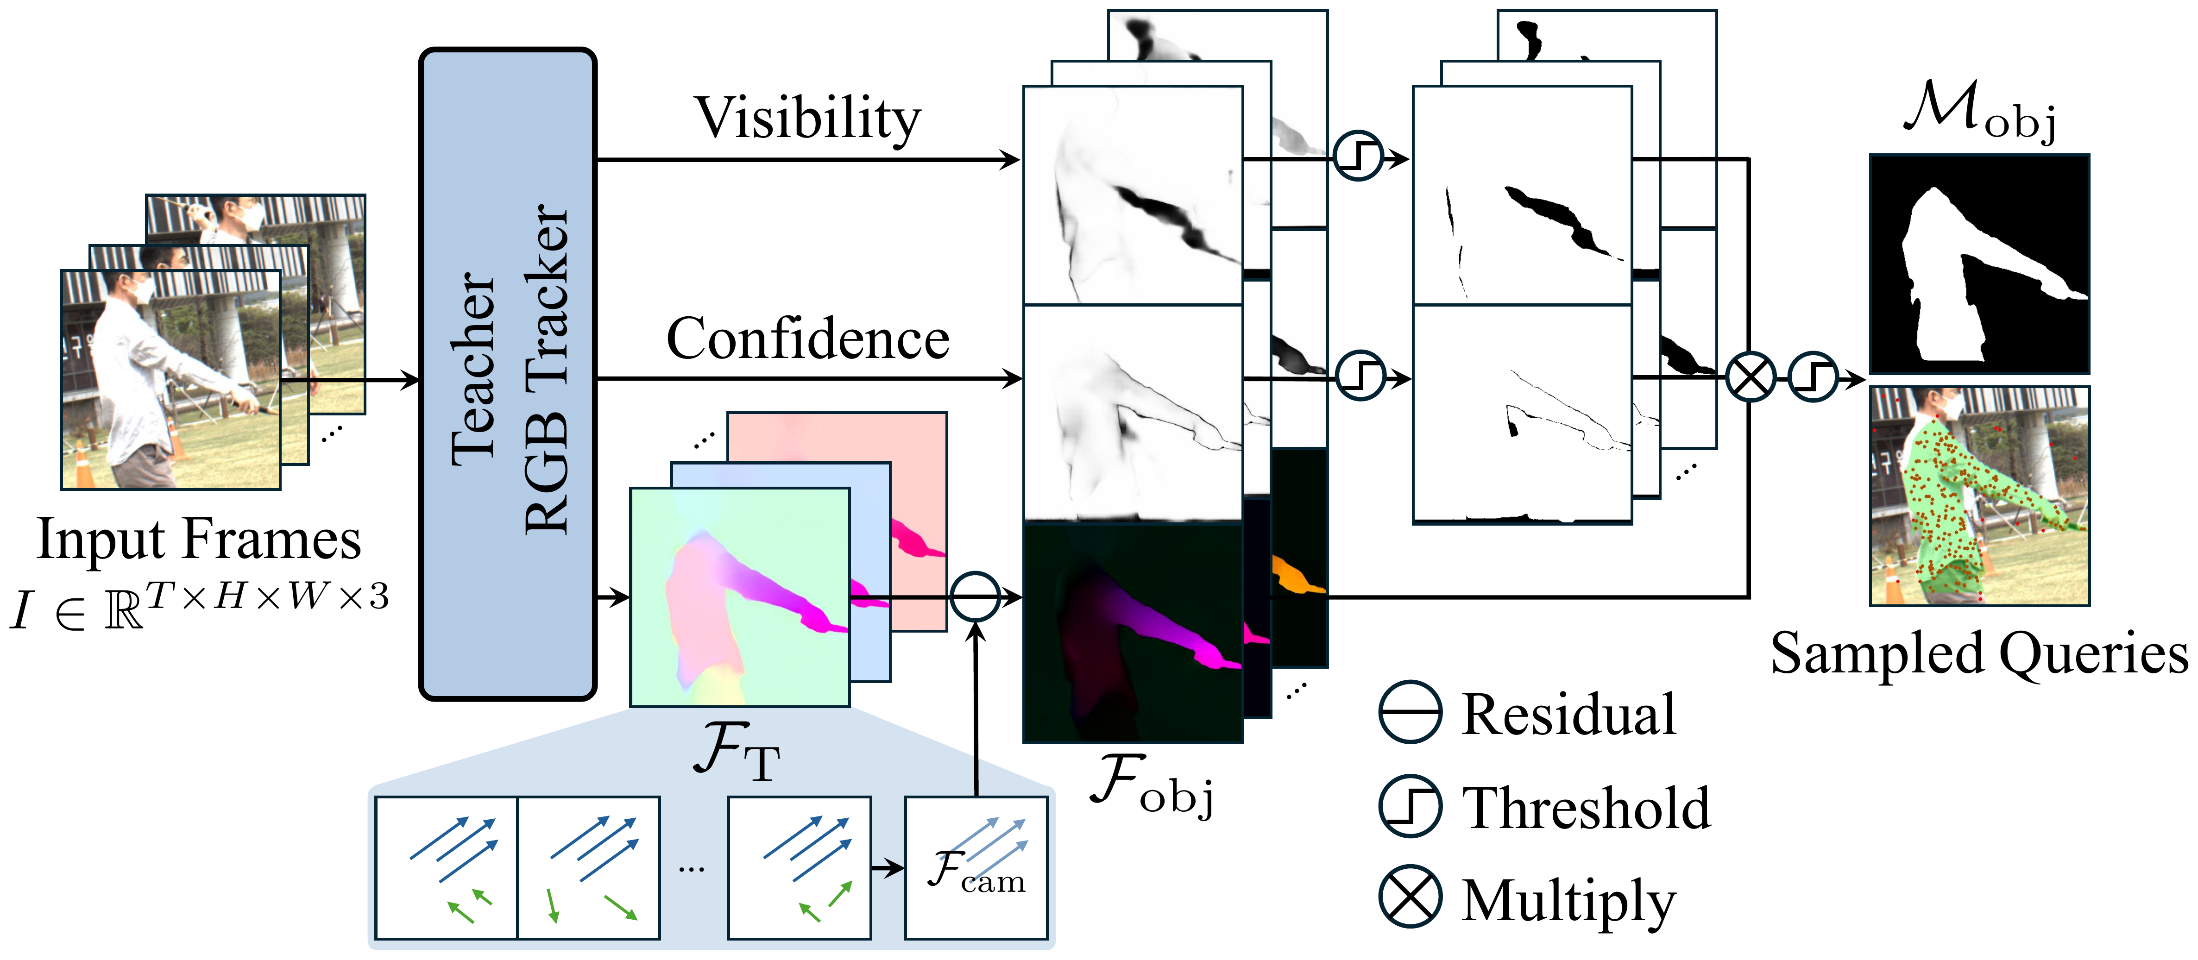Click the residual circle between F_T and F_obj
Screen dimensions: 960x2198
click(975, 596)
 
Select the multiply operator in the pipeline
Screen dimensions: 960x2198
click(1750, 377)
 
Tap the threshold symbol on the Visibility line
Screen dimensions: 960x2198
click(1358, 155)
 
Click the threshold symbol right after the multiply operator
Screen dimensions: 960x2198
click(1812, 377)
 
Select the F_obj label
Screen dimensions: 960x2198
click(1152, 785)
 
